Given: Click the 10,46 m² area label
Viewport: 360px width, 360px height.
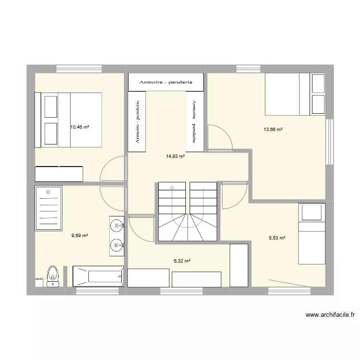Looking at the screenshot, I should pyautogui.click(x=80, y=127).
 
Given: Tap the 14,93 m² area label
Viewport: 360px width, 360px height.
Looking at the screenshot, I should pyautogui.click(x=175, y=156).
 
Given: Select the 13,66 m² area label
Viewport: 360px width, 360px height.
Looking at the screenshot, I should pyautogui.click(x=272, y=129).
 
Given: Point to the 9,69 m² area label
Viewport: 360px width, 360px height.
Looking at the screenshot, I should pyautogui.click(x=80, y=235).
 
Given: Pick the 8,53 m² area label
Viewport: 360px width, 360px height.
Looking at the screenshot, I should pyautogui.click(x=276, y=238).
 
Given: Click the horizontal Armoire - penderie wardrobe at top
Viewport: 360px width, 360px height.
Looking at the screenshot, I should pyautogui.click(x=166, y=82).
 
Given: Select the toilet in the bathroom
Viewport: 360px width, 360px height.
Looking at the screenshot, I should pyautogui.click(x=52, y=276).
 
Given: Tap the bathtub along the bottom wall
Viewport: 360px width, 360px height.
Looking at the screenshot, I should pyautogui.click(x=99, y=276).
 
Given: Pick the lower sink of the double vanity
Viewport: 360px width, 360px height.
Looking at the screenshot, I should pyautogui.click(x=116, y=245).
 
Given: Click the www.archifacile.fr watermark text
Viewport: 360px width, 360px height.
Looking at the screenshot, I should pyautogui.click(x=330, y=315).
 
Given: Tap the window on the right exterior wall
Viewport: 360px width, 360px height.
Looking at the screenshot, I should pyautogui.click(x=329, y=142).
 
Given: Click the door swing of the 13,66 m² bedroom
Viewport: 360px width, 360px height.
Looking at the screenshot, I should pyautogui.click(x=220, y=137).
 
